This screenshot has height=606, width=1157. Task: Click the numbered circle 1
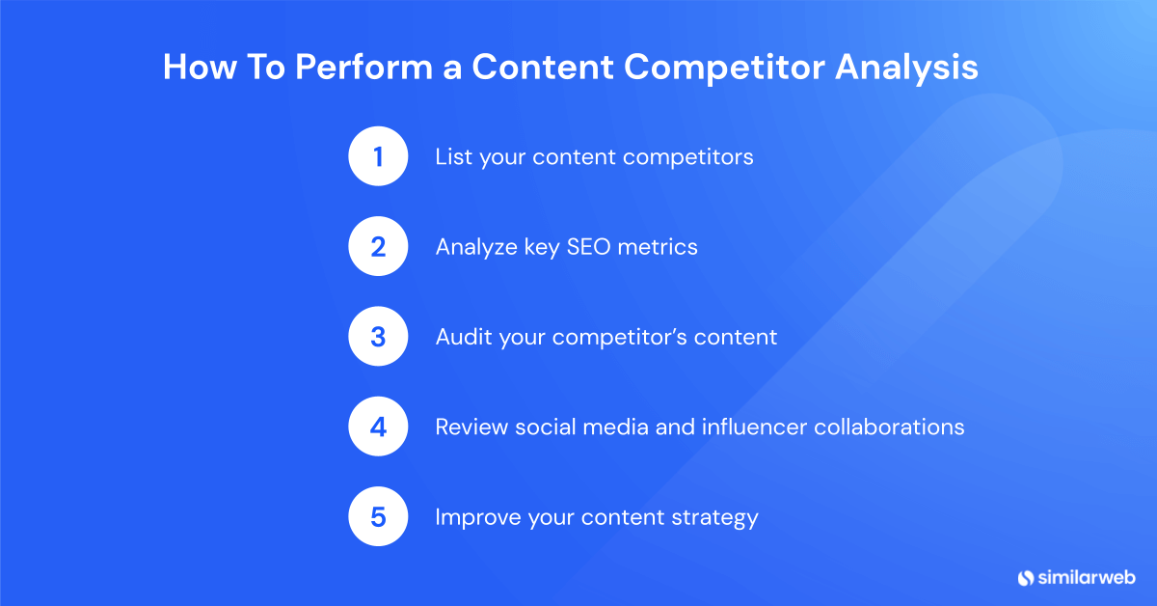[378, 156]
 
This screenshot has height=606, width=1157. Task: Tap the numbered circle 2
[378, 246]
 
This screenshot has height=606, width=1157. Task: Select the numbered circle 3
[378, 336]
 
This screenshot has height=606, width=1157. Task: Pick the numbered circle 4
[378, 427]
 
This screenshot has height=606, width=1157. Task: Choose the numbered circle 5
[378, 516]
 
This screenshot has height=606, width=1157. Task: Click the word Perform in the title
[363, 67]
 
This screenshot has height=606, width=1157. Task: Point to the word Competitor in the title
[725, 68]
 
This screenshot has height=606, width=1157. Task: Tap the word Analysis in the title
[906, 68]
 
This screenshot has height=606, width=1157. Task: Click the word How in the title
[200, 67]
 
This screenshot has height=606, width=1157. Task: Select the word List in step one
[453, 156]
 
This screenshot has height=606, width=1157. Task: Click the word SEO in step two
[588, 247]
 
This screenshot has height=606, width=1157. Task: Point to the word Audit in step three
[464, 337]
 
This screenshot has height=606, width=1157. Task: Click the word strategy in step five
[714, 518]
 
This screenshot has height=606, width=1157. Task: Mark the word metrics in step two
[658, 247]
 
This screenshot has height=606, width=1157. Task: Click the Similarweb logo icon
[1025, 578]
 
